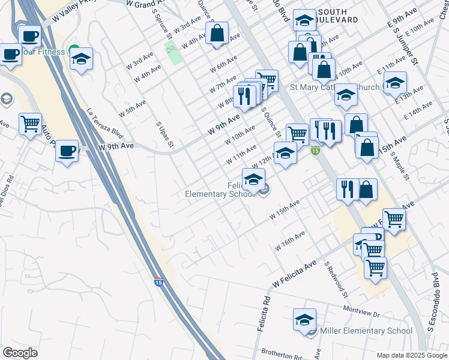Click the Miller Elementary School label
[x=366, y=331]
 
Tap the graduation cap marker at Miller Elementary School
[x=305, y=320]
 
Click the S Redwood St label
[x=336, y=280]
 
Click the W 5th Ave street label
[x=133, y=109]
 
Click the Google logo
[x=20, y=352]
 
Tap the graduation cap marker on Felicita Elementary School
[x=254, y=179]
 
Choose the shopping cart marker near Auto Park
[x=30, y=124]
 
